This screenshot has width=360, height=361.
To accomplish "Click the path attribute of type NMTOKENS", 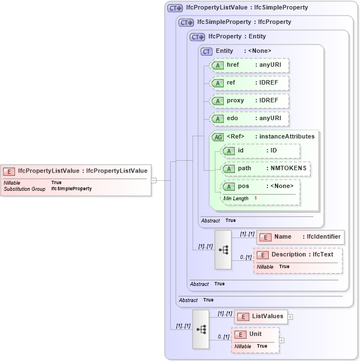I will [x=266, y=169].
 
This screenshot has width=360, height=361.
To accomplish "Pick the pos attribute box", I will [x=260, y=186].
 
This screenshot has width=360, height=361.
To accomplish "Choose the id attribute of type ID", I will [x=260, y=151].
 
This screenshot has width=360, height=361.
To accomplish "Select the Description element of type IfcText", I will [x=298, y=255].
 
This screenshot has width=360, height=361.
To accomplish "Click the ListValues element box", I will [x=261, y=317].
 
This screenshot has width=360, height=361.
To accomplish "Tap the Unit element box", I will [x=255, y=334].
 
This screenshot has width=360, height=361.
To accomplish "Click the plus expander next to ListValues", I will [x=290, y=317].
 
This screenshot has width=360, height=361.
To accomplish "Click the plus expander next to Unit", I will [x=282, y=340].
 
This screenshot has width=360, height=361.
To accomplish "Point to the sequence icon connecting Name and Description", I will [x=223, y=250].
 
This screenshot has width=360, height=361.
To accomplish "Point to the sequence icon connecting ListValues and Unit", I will [x=201, y=329].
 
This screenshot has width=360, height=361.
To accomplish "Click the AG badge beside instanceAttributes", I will [x=217, y=137].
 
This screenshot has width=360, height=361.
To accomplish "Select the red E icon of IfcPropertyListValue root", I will [x=9, y=171].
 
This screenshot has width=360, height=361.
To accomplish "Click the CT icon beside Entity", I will [x=206, y=51].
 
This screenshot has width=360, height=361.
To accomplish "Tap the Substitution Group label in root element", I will [x=24, y=189].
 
